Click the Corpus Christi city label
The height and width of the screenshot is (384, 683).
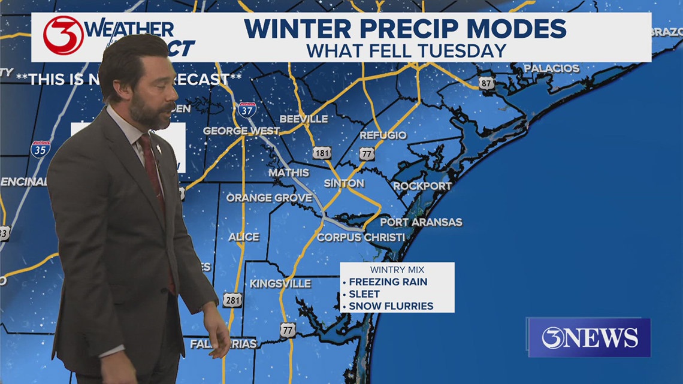(x=361, y=237)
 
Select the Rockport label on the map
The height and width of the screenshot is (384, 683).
(x=422, y=186)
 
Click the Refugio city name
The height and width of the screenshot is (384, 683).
(x=383, y=135)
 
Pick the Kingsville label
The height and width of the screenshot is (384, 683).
(x=280, y=283)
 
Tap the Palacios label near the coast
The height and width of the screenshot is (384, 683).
(x=552, y=68)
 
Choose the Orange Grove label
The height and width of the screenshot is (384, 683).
(x=269, y=198)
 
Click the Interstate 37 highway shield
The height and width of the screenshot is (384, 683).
(x=247, y=109)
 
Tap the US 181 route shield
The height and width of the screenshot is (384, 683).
(x=322, y=153)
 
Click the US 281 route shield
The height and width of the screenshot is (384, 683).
(x=232, y=300)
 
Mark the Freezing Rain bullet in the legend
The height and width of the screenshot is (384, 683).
(x=388, y=282)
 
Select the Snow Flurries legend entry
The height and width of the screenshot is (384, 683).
(x=391, y=306)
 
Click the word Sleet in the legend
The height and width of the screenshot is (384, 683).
(x=364, y=294)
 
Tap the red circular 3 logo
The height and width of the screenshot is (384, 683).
(x=63, y=35)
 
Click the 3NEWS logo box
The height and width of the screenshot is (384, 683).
(x=589, y=337)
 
